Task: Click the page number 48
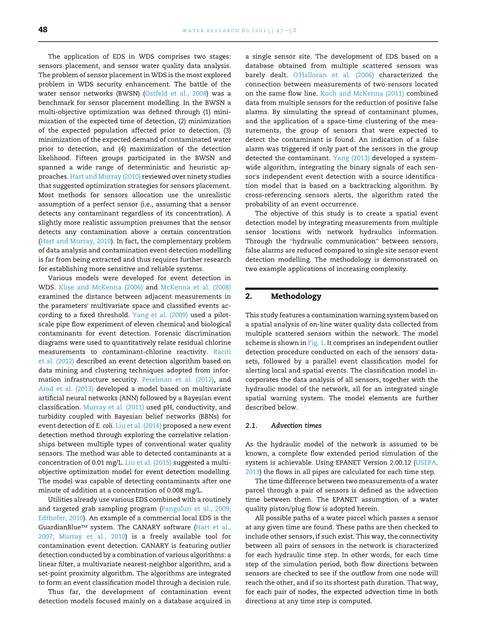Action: click(43, 30)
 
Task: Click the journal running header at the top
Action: click(239, 31)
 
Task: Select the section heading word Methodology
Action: click(296, 296)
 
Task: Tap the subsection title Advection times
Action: click(296, 426)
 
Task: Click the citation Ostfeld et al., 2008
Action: click(176, 93)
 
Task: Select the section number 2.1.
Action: click(251, 426)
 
